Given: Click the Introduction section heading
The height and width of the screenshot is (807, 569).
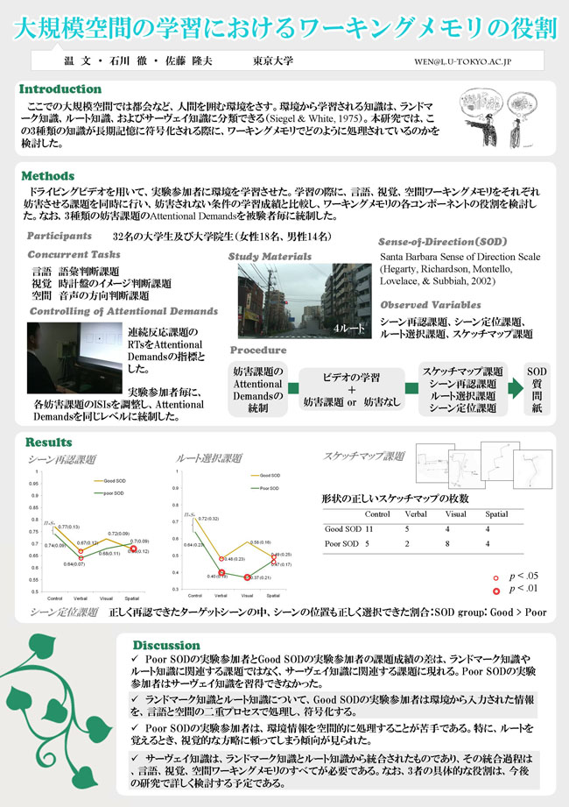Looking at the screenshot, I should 60,89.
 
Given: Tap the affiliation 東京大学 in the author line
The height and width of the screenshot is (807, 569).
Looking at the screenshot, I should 272,62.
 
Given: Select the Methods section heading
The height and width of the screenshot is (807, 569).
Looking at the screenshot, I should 47,176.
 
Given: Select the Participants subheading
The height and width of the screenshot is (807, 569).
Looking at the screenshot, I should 60,236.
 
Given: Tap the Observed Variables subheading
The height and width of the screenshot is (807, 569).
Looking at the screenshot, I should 431,305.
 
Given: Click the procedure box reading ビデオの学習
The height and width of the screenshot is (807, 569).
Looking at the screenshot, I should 351,377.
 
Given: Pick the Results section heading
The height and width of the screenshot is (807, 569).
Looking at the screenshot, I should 49,442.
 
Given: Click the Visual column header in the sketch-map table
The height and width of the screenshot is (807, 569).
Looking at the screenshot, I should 455,513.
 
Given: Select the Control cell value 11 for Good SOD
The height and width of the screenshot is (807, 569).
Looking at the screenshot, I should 369,529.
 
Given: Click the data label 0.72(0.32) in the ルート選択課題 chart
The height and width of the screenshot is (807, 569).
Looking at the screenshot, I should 207,520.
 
